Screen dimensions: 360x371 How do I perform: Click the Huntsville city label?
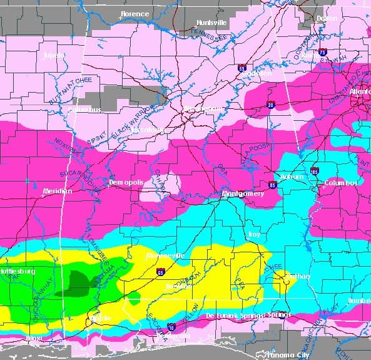(211, 23)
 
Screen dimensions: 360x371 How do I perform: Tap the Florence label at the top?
(135, 14)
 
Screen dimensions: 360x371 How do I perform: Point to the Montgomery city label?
(245, 194)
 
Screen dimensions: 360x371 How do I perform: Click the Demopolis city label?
(126, 182)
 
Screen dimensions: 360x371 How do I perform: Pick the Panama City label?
(287, 354)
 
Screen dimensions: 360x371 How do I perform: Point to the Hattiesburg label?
(18, 271)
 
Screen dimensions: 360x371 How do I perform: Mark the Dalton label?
(327, 19)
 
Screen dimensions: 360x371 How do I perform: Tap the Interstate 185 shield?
(315, 171)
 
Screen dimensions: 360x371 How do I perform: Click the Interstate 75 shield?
(322, 53)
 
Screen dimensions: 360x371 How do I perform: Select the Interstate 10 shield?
(171, 326)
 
